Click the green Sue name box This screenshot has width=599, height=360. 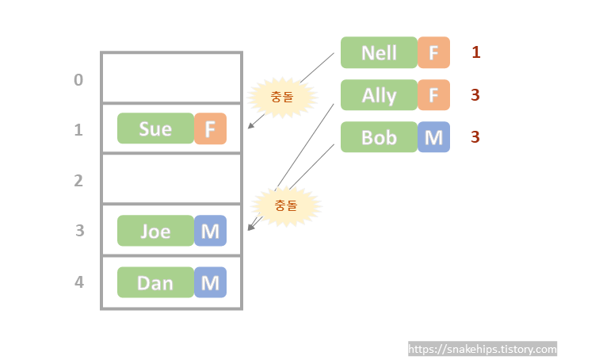point(155,128)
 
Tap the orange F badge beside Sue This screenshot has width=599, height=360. point(211,128)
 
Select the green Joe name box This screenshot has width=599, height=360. point(155,231)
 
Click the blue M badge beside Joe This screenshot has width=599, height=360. point(211,231)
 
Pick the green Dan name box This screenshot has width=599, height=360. point(155,282)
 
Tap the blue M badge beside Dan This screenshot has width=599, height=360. point(211,282)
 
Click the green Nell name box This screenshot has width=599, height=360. point(379,52)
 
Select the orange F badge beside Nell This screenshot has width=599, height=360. point(433,52)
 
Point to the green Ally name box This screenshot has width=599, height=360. point(379,95)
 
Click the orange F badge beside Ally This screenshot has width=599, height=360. point(433,95)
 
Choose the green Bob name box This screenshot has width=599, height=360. point(379,137)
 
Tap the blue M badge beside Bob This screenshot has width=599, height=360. point(433,137)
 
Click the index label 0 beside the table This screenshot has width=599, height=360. point(78,79)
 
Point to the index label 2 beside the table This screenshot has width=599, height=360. point(78,181)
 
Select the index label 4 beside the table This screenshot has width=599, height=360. point(78,282)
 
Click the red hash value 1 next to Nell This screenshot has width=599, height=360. point(476,52)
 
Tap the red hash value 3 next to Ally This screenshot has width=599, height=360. point(475,95)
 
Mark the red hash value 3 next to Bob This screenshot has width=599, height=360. point(475,137)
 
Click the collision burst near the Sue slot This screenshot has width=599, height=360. point(281,98)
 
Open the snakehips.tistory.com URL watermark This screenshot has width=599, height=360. point(483,349)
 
